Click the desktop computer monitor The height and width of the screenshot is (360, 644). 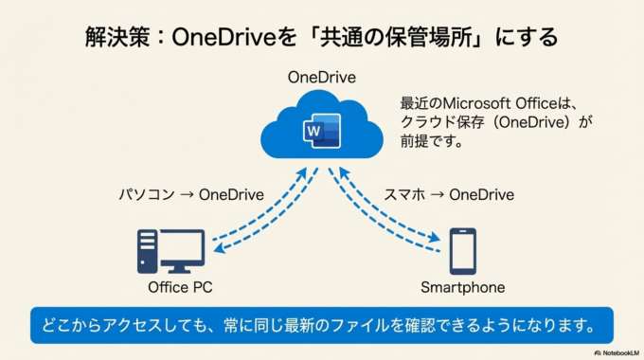181,248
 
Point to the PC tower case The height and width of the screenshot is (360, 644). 147,253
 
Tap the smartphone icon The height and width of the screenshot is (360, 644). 462,252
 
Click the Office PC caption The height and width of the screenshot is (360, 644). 180,287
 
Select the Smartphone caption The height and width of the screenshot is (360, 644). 462,287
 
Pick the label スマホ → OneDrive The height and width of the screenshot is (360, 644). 449,195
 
